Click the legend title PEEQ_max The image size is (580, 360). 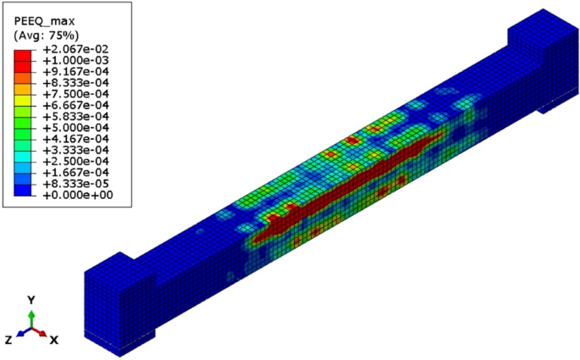[44, 20]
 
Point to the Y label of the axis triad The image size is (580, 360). [31, 301]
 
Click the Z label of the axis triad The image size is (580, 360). [8, 339]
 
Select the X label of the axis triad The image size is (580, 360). [53, 339]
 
